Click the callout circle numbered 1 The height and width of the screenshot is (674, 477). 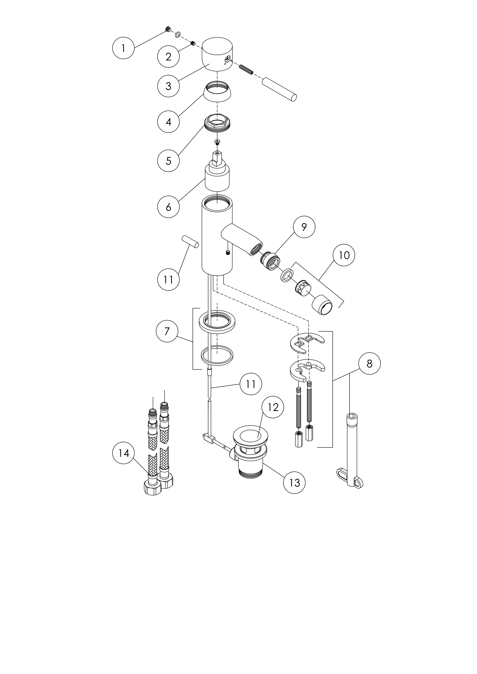123,48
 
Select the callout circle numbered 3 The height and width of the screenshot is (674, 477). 168,86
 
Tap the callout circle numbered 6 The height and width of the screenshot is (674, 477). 168,207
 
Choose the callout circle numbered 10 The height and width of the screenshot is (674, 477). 344,255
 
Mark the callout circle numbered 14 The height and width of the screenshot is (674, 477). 123,453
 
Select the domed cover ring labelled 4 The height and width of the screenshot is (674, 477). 217,92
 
